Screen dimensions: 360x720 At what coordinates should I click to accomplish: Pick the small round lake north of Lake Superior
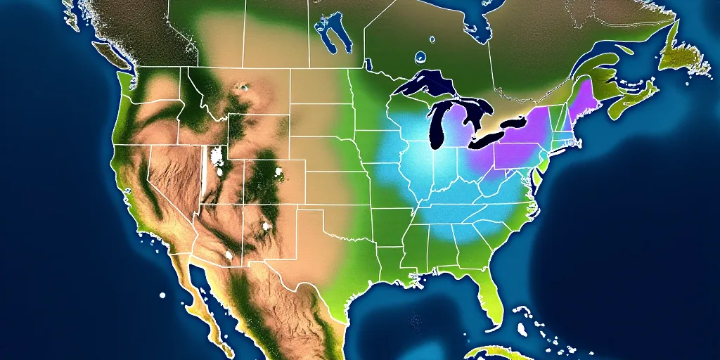point(420,57)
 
